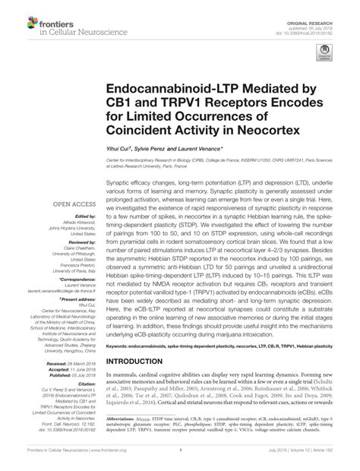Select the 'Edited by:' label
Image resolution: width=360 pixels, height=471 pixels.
tap(81, 217)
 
